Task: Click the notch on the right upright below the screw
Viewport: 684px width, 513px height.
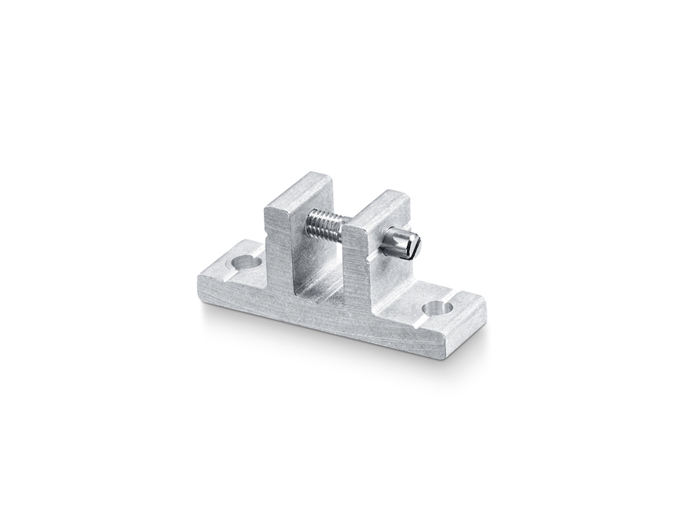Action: click(369, 259)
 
